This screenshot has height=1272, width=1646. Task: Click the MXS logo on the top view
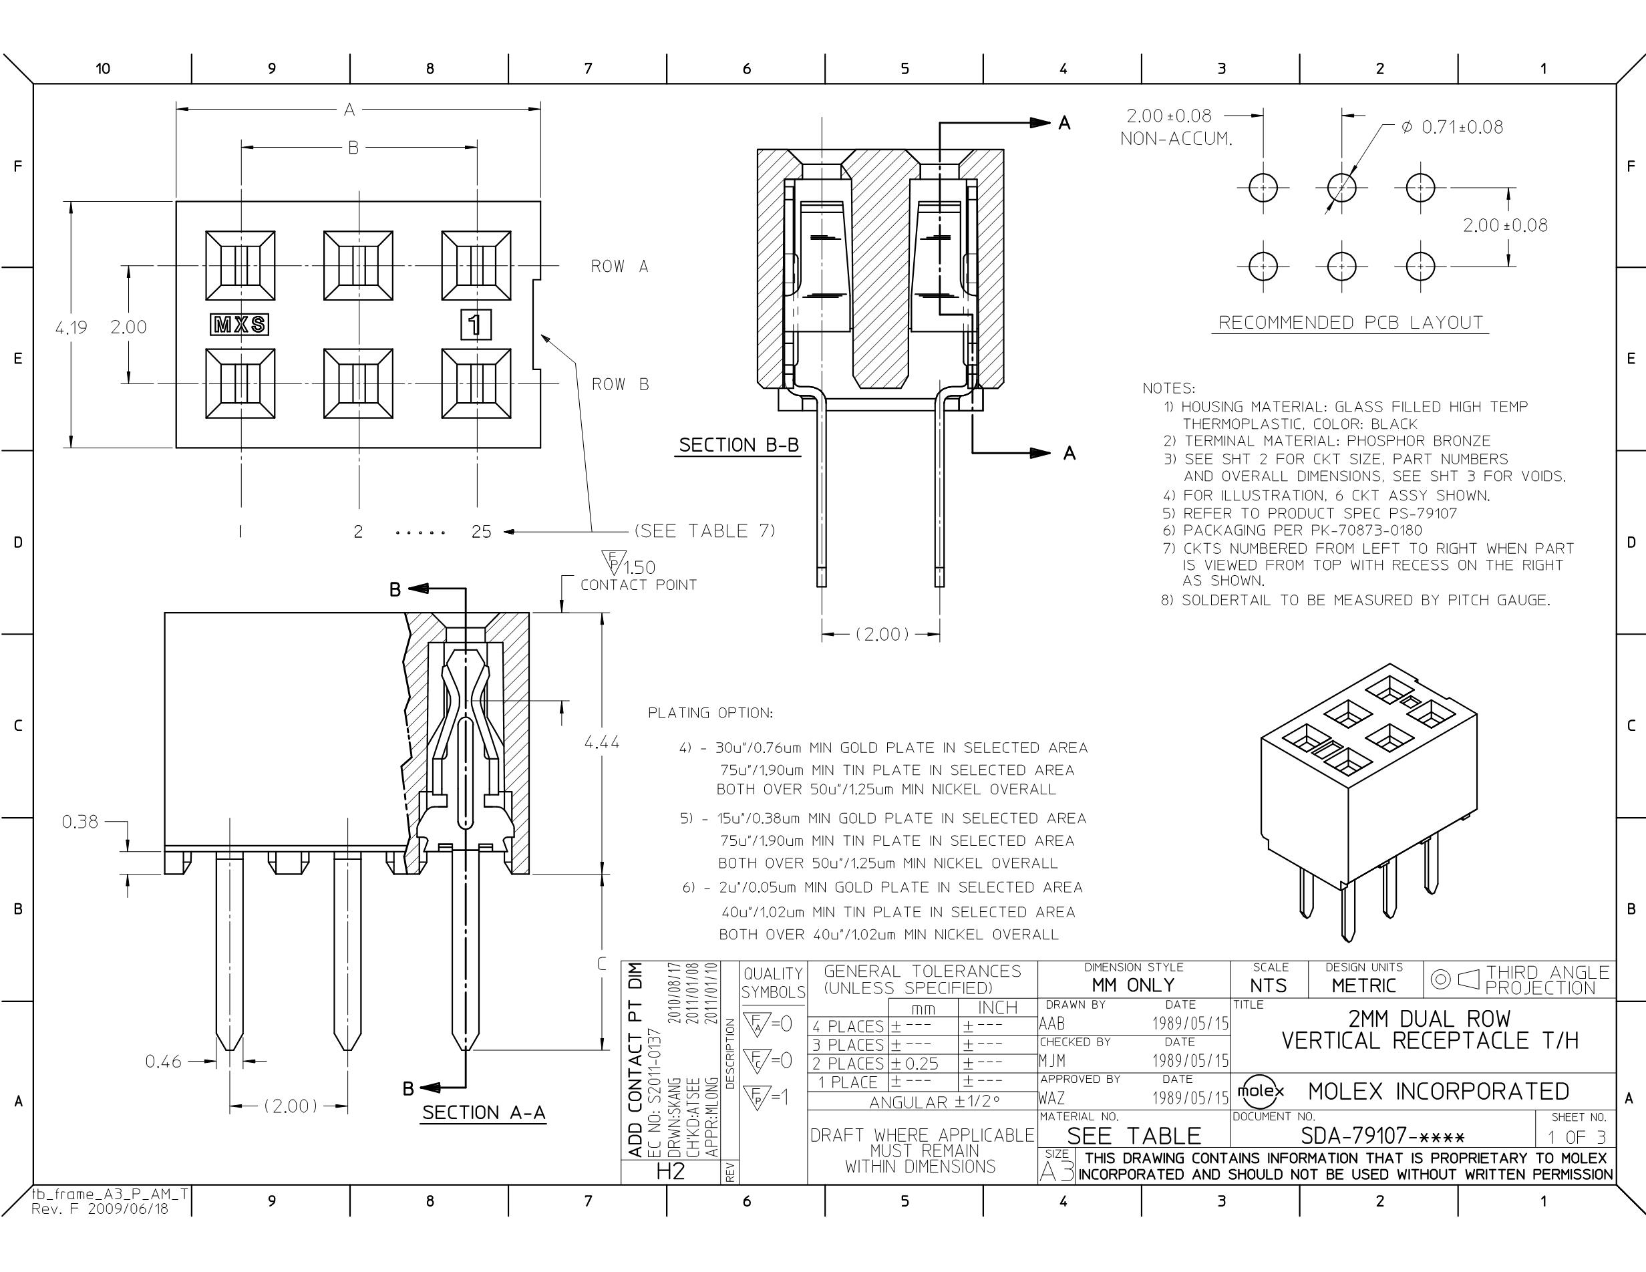(x=239, y=325)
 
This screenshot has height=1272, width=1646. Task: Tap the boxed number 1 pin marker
(x=476, y=325)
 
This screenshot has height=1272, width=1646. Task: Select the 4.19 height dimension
(x=71, y=328)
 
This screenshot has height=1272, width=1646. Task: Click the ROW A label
(x=619, y=266)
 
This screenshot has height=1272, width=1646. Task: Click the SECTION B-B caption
(x=739, y=446)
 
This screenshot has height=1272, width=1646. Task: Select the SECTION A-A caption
(x=484, y=1113)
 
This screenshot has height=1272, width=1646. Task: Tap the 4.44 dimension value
(x=602, y=742)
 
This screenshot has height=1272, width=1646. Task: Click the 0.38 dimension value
(x=80, y=821)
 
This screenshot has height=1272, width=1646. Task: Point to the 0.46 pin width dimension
(x=164, y=1062)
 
